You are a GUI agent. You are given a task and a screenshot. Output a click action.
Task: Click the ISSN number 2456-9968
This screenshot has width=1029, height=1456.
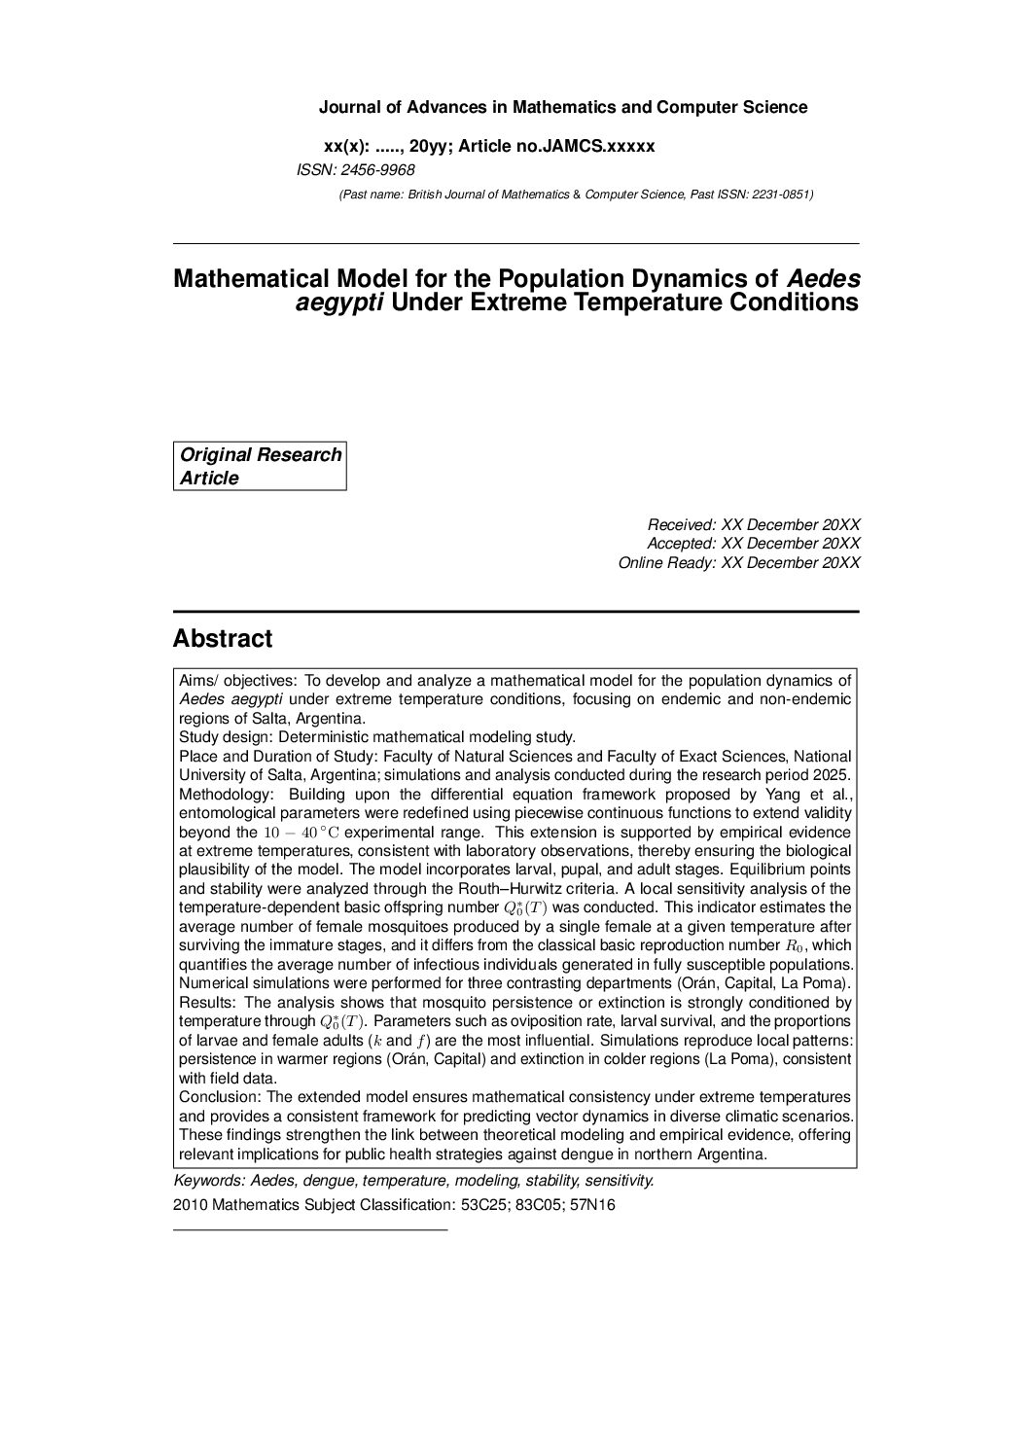[x=377, y=170]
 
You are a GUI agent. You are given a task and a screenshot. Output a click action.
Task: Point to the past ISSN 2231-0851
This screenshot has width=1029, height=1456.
[x=781, y=195]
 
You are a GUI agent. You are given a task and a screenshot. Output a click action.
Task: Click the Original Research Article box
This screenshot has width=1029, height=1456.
[x=260, y=466]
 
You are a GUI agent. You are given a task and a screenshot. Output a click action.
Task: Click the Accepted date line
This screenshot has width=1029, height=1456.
[x=753, y=543]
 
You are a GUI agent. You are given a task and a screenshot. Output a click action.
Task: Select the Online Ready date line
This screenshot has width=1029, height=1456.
[x=738, y=562]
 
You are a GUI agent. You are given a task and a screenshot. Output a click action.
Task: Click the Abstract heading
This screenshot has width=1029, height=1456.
[x=223, y=639]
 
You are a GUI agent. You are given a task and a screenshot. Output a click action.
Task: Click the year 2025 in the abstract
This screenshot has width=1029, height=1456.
[x=832, y=775]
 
